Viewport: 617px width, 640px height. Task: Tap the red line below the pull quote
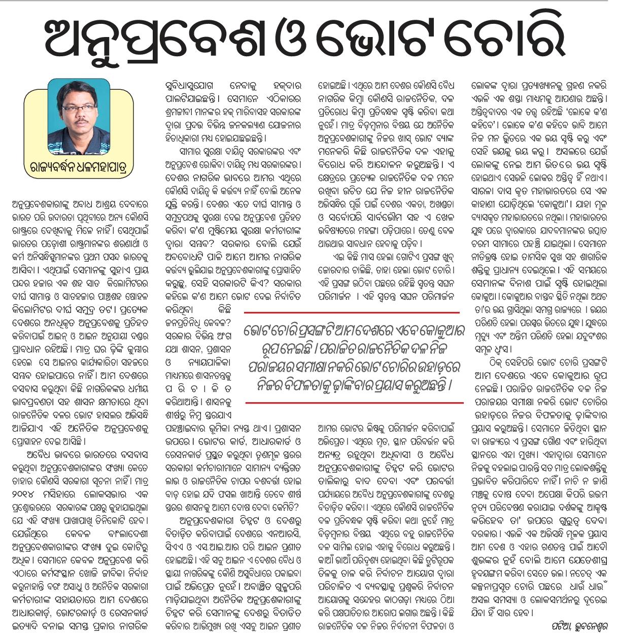click(354, 403)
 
